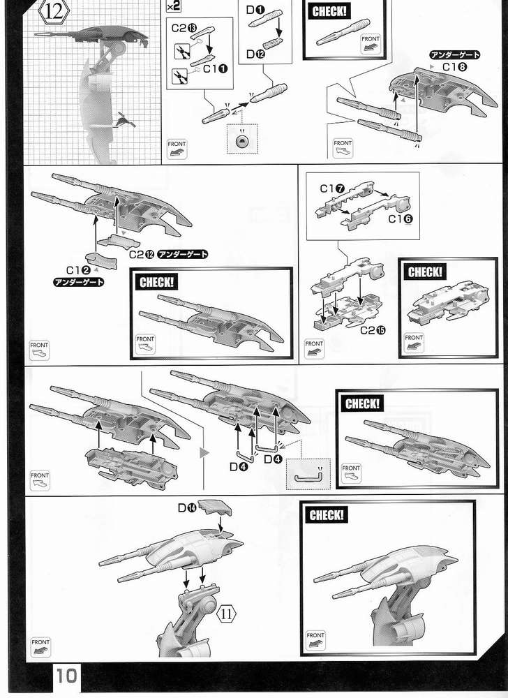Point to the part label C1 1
213,69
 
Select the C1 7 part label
332,188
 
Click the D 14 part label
188,508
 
